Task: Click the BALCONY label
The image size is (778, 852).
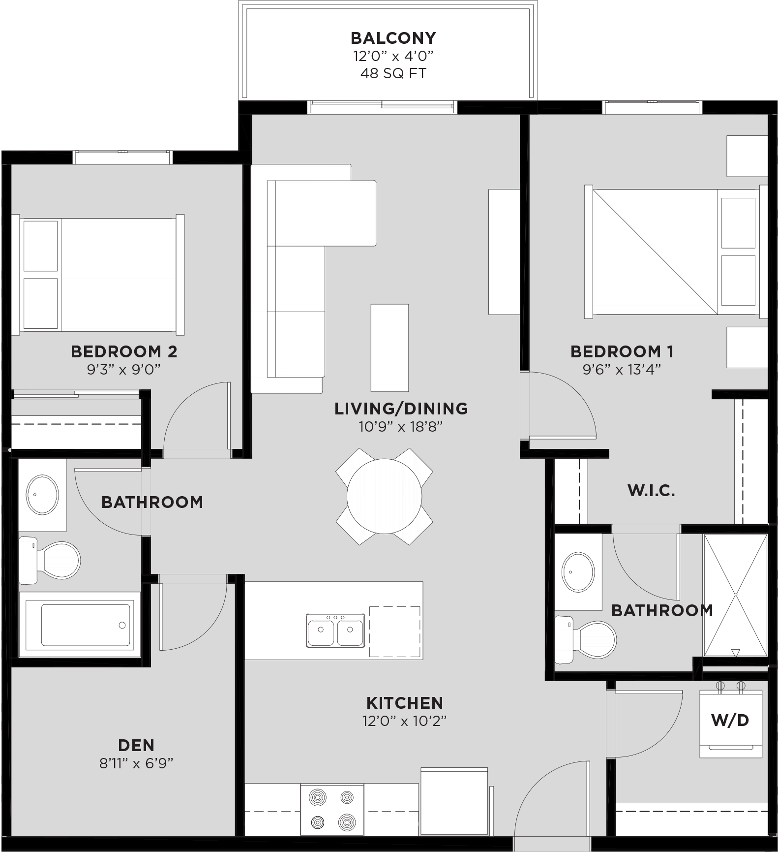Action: pyautogui.click(x=393, y=38)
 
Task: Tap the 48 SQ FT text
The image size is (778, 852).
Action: pyautogui.click(x=393, y=73)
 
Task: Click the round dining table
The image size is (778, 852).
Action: pyautogui.click(x=384, y=496)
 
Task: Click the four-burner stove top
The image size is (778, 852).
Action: pyautogui.click(x=332, y=809)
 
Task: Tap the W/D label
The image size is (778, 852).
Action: pyautogui.click(x=730, y=721)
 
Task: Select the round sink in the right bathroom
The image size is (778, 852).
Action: pyautogui.click(x=578, y=572)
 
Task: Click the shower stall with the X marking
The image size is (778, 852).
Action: pyautogui.click(x=735, y=595)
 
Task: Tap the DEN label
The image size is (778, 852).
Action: pyautogui.click(x=136, y=745)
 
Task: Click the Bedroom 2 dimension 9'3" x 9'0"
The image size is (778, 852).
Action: pyautogui.click(x=124, y=369)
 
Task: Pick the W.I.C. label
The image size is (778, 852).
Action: pyautogui.click(x=651, y=490)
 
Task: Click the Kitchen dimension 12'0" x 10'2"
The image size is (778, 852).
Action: pyautogui.click(x=404, y=721)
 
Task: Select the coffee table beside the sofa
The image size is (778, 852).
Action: pyautogui.click(x=389, y=347)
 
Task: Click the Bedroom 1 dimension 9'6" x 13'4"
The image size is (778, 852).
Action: pyautogui.click(x=622, y=369)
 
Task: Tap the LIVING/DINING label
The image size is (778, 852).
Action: pyautogui.click(x=401, y=409)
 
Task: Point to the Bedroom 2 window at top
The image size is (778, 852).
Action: pyautogui.click(x=123, y=157)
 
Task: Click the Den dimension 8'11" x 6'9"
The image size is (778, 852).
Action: pyautogui.click(x=136, y=763)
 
